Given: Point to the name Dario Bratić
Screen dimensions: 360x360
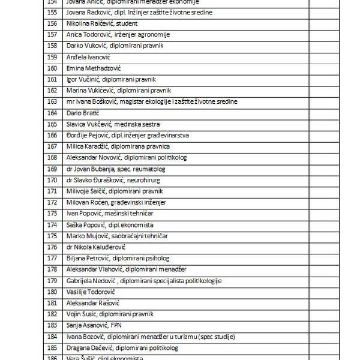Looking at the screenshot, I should pos(83,113).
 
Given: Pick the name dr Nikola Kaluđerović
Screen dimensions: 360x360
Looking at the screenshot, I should pos(96,247).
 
